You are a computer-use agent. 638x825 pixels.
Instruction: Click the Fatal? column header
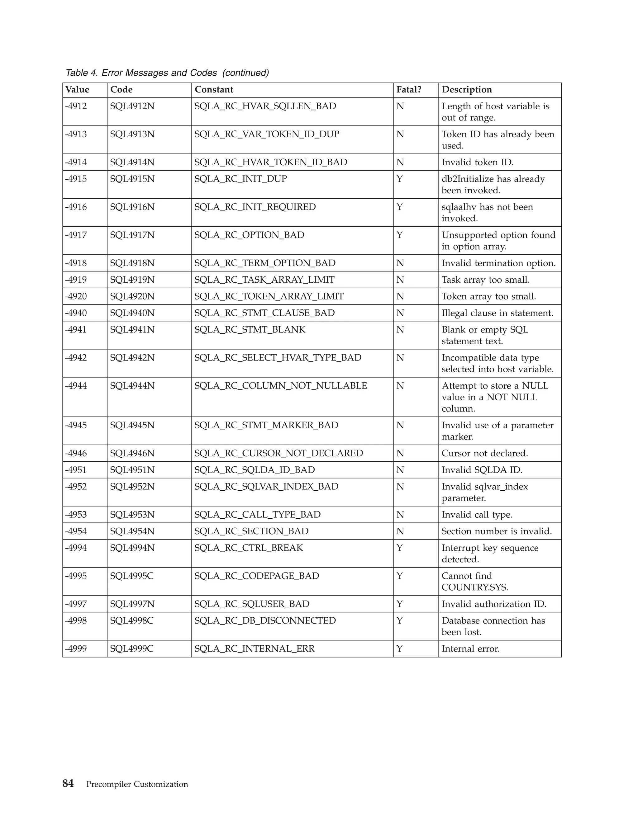pyautogui.click(x=409, y=90)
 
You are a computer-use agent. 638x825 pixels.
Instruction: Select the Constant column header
pyautogui.click(x=214, y=90)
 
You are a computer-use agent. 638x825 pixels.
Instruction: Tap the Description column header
pyautogui.click(x=467, y=90)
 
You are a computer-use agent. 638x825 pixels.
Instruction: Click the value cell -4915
pyautogui.click(x=76, y=179)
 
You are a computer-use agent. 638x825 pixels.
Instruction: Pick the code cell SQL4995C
pyautogui.click(x=132, y=576)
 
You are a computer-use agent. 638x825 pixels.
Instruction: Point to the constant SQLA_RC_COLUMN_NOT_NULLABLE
pyautogui.click(x=281, y=386)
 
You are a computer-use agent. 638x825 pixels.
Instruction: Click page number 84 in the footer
pyautogui.click(x=68, y=784)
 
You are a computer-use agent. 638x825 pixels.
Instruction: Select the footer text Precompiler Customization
pyautogui.click(x=137, y=784)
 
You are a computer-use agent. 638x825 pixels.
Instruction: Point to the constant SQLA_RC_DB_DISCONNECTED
pyautogui.click(x=265, y=621)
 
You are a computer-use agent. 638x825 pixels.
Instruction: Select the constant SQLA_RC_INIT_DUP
pyautogui.click(x=241, y=179)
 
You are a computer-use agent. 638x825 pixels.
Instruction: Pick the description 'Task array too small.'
pyautogui.click(x=486, y=280)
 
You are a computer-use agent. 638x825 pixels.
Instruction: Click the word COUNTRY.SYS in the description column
pyautogui.click(x=475, y=587)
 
